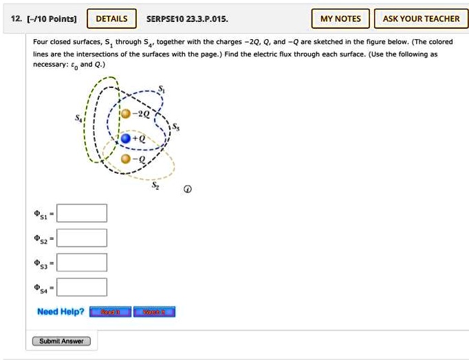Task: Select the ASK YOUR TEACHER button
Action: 421,19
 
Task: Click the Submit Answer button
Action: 61,341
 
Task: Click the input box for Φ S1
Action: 82,213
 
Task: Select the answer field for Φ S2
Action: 82,238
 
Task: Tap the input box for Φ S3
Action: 82,262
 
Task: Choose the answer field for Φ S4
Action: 82,287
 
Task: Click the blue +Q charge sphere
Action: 125,139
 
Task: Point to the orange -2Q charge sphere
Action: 126,114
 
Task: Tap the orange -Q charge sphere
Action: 125,159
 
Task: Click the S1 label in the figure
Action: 162,89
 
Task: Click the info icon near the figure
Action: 187,189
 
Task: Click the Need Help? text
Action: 61,312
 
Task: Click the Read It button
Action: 111,312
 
